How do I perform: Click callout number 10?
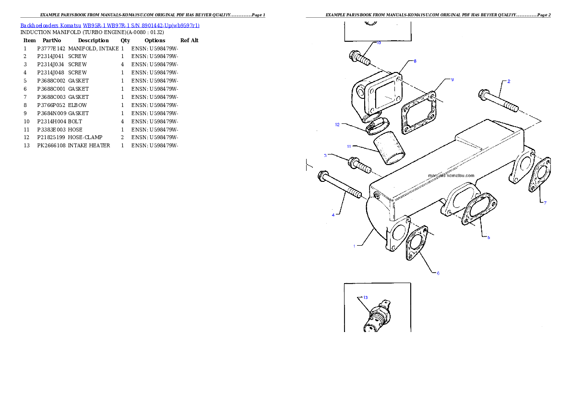[378, 43]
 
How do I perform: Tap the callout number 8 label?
[415, 61]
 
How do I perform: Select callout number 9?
[452, 80]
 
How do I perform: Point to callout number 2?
[509, 81]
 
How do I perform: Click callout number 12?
[337, 124]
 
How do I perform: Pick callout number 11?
[349, 145]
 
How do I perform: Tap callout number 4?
[333, 215]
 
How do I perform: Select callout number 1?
[355, 246]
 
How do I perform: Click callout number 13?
[365, 297]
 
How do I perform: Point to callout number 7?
[545, 203]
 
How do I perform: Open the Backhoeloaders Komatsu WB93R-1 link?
[110, 25]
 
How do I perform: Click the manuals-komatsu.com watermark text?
[451, 176]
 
